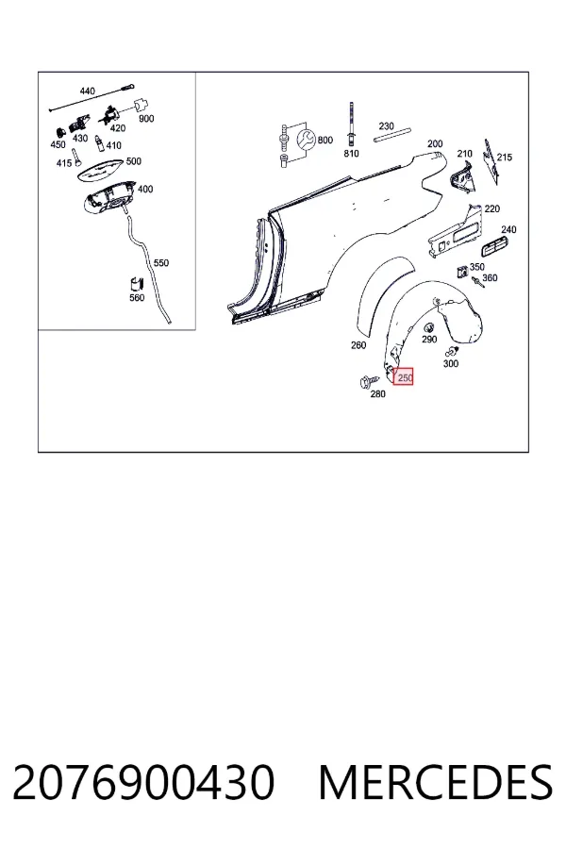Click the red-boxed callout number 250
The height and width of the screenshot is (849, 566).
tap(405, 377)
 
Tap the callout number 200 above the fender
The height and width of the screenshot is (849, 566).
tap(435, 143)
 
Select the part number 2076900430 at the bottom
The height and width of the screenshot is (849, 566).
tap(143, 782)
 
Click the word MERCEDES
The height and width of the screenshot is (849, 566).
tap(436, 782)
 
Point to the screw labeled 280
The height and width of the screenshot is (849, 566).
tap(365, 381)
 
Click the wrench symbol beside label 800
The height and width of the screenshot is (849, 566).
tap(307, 141)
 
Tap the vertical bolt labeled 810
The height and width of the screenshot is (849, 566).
tap(352, 124)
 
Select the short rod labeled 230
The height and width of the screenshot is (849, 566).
tap(392, 135)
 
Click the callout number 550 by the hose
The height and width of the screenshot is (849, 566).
tap(161, 262)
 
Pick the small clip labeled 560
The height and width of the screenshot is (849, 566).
tap(136, 284)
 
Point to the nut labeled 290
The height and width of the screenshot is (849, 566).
tap(428, 327)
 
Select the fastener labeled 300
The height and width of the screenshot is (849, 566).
tap(451, 352)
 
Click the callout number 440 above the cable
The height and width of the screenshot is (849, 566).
tap(87, 91)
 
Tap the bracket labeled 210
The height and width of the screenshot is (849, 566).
tap(462, 176)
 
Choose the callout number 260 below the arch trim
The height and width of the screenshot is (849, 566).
tap(358, 345)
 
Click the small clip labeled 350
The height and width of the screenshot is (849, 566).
tap(462, 271)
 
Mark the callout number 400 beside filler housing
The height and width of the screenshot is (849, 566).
tap(145, 189)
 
